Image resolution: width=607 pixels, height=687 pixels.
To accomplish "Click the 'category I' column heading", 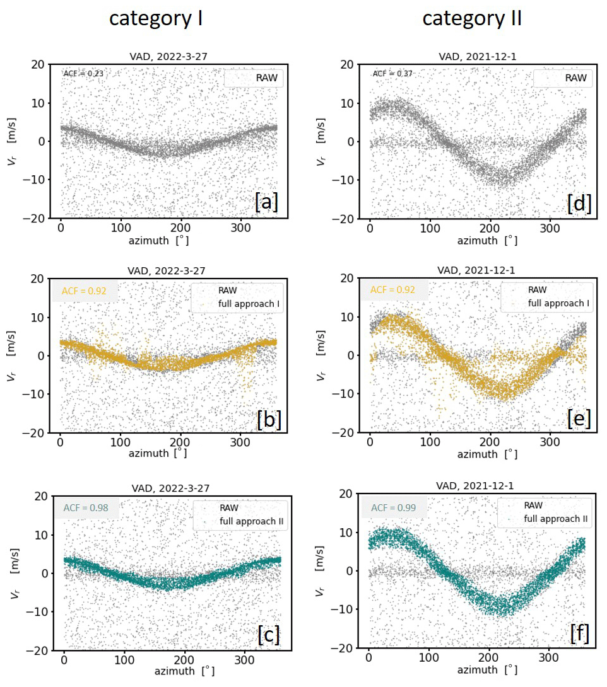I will pos(156,18).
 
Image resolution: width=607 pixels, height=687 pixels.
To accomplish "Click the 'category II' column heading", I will pos(472,18).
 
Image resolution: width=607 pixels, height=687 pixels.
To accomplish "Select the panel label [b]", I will pos(268,419).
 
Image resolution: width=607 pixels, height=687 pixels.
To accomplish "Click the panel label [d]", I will pos(579,203).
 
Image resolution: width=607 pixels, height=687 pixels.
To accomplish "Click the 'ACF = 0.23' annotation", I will pos(83,74).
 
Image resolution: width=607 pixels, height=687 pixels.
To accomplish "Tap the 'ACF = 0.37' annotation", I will pos(392,74).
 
